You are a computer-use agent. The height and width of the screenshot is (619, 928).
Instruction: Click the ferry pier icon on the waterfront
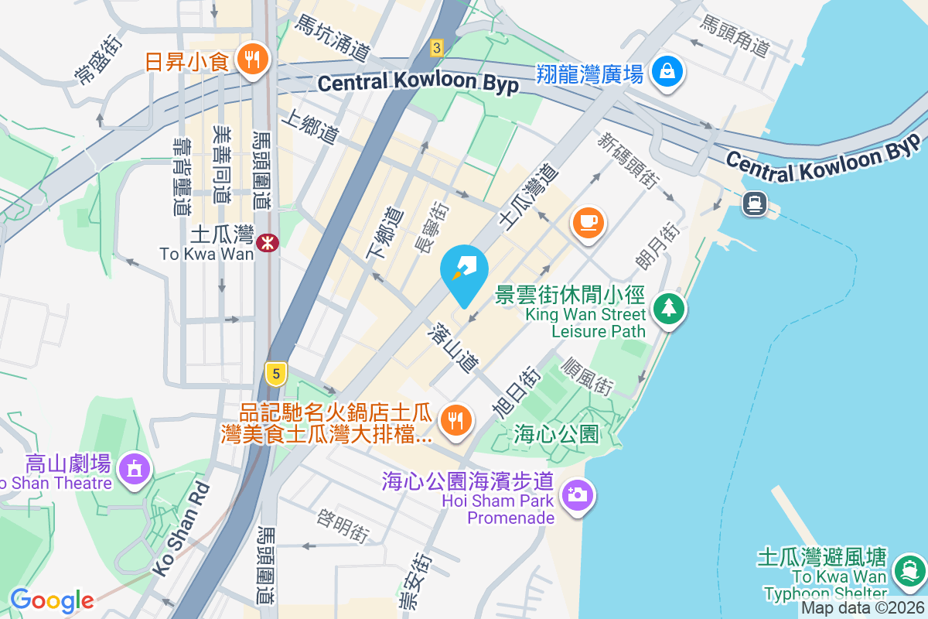754,203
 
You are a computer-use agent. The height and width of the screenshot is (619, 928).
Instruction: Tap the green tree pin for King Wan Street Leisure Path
669,308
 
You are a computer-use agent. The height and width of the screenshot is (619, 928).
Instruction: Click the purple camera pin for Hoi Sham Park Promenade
576,494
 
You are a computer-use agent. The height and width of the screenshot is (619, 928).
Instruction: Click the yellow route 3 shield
437,48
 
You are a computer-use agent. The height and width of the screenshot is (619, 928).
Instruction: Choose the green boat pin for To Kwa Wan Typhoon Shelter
906,571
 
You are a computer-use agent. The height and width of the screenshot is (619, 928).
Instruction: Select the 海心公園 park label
557,434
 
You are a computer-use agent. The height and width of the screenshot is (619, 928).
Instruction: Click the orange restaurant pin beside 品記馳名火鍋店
454,420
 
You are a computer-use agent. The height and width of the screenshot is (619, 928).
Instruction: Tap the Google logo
52,600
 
